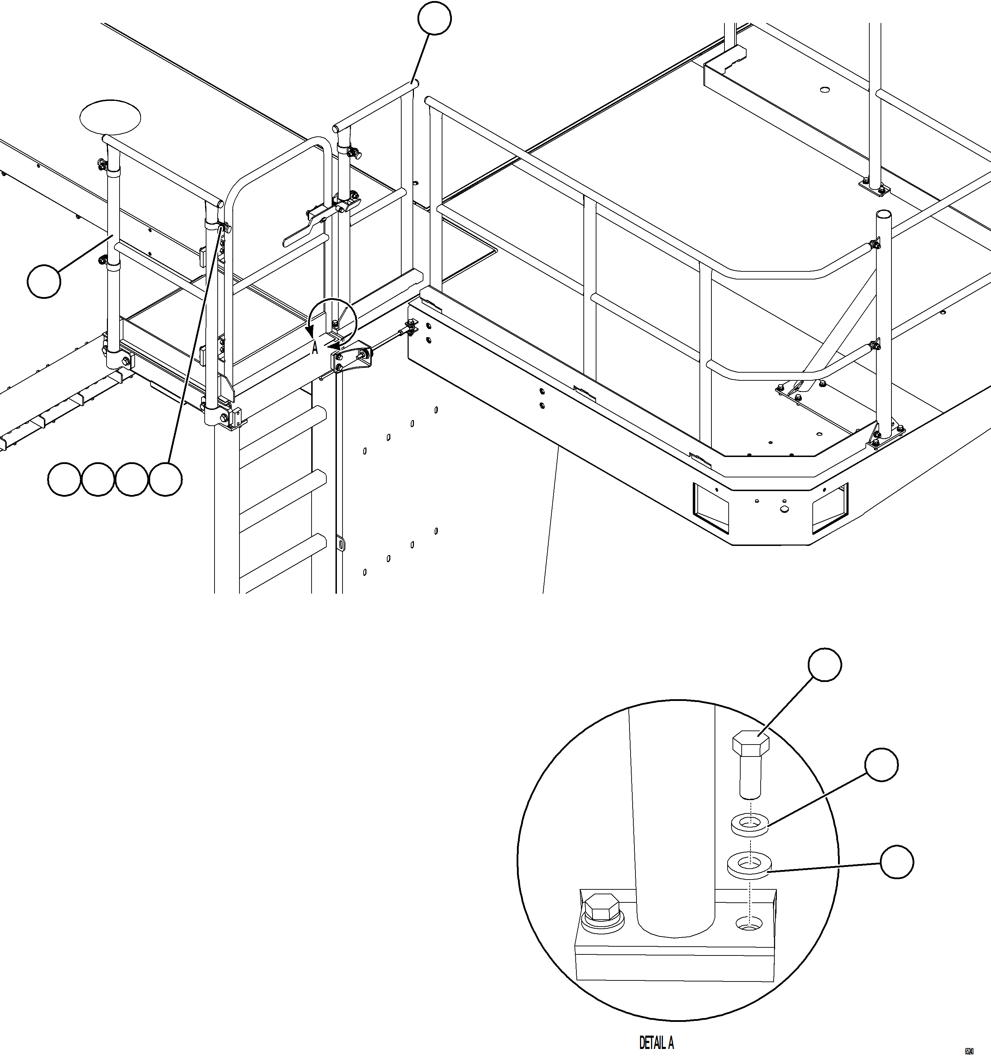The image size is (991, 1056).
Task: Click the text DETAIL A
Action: click(x=656, y=1042)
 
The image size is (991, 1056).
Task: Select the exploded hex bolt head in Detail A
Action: click(x=751, y=745)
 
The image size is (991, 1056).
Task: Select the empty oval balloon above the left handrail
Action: click(x=110, y=116)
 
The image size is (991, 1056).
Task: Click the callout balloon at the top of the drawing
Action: click(x=435, y=19)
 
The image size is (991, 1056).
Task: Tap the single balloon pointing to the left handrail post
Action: click(x=44, y=282)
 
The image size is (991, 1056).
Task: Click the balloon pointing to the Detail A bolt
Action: click(x=824, y=664)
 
